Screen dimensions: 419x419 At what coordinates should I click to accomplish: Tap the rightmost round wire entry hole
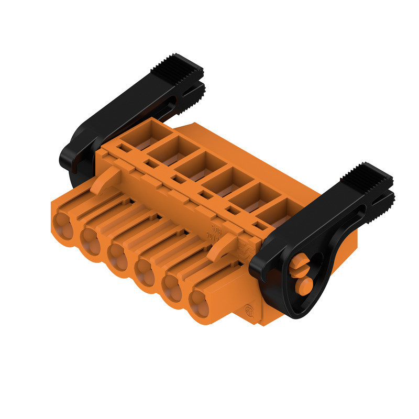[200, 303]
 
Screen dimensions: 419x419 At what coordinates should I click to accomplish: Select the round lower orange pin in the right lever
[303, 286]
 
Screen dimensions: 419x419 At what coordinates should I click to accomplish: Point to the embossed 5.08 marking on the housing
[215, 229]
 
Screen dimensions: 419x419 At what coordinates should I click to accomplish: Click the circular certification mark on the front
[250, 309]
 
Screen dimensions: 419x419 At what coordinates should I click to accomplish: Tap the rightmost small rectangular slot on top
[258, 226]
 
